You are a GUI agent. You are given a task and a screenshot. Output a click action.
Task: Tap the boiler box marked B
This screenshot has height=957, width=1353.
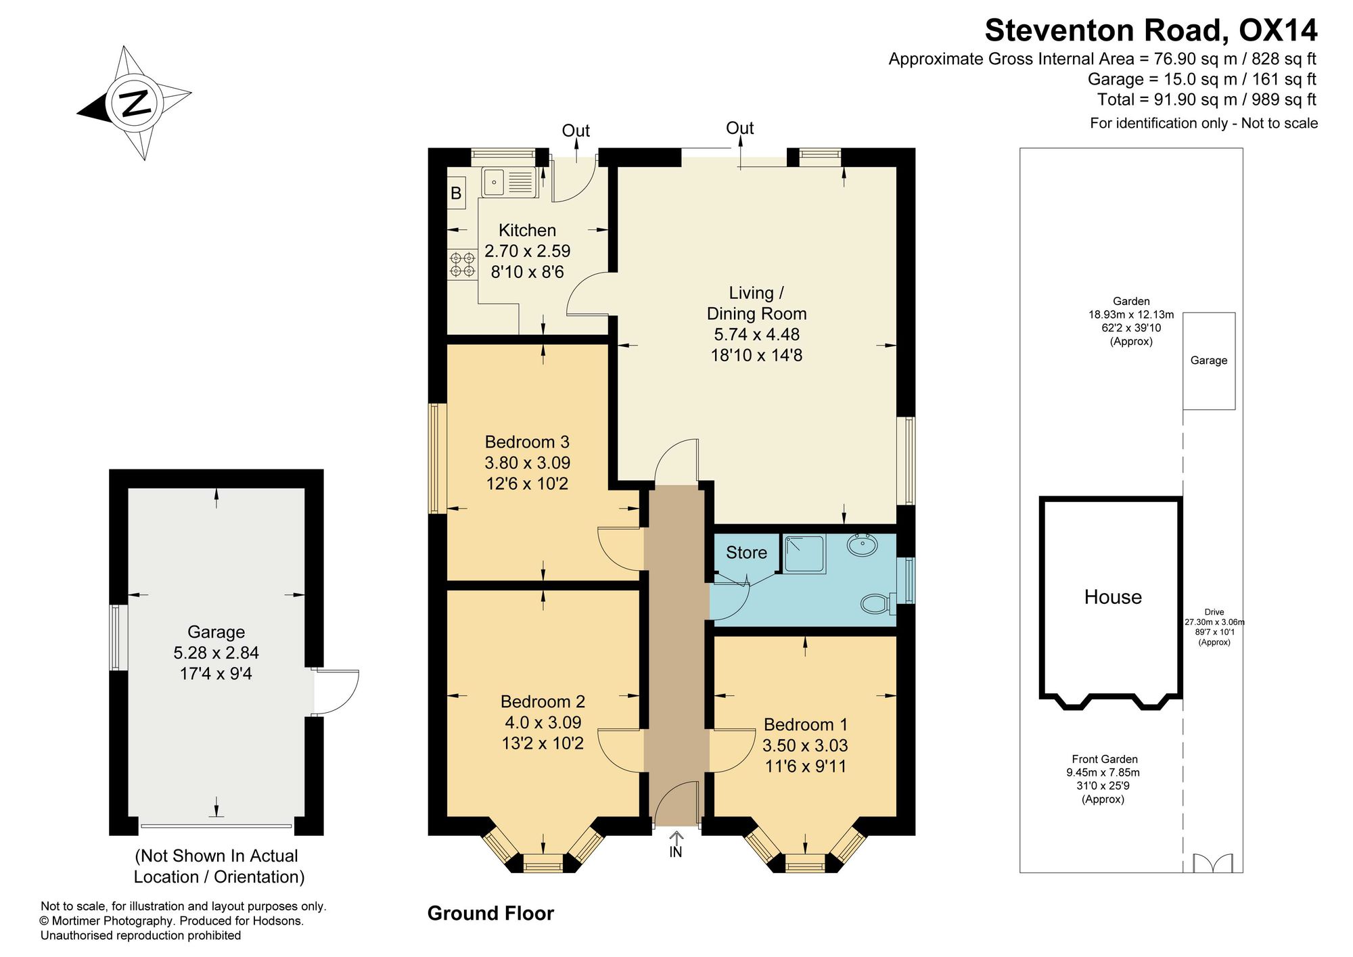[456, 193]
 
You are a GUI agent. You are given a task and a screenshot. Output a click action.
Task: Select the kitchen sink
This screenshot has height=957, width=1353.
[509, 183]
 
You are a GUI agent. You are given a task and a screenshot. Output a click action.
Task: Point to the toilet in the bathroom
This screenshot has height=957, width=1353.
[877, 603]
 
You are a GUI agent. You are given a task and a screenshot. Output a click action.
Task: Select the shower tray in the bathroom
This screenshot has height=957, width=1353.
[804, 555]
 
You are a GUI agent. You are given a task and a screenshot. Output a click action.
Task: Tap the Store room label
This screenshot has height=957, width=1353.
[746, 553]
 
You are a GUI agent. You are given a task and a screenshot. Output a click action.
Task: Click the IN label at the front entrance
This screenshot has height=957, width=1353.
[676, 853]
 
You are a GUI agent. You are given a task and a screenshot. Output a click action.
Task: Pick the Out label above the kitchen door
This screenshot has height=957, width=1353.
[576, 131]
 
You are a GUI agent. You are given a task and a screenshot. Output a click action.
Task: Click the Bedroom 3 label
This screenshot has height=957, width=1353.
[527, 442]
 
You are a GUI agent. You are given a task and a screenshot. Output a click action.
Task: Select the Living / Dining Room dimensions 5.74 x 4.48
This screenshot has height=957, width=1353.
[756, 334]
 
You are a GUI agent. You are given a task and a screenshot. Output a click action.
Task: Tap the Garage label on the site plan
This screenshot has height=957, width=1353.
[1209, 360]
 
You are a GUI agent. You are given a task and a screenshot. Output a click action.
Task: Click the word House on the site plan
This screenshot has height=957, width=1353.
[1113, 597]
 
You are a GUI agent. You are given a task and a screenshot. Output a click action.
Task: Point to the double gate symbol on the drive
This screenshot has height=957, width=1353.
[1213, 863]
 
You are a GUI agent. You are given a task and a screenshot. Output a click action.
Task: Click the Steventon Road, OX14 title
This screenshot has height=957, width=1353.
[1151, 30]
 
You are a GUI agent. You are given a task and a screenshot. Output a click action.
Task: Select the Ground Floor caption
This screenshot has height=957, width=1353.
[490, 914]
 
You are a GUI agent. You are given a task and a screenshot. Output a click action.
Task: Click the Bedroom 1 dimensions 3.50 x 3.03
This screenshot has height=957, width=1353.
[805, 745]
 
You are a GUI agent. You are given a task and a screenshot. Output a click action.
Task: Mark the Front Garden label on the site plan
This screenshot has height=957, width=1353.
[1104, 760]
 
